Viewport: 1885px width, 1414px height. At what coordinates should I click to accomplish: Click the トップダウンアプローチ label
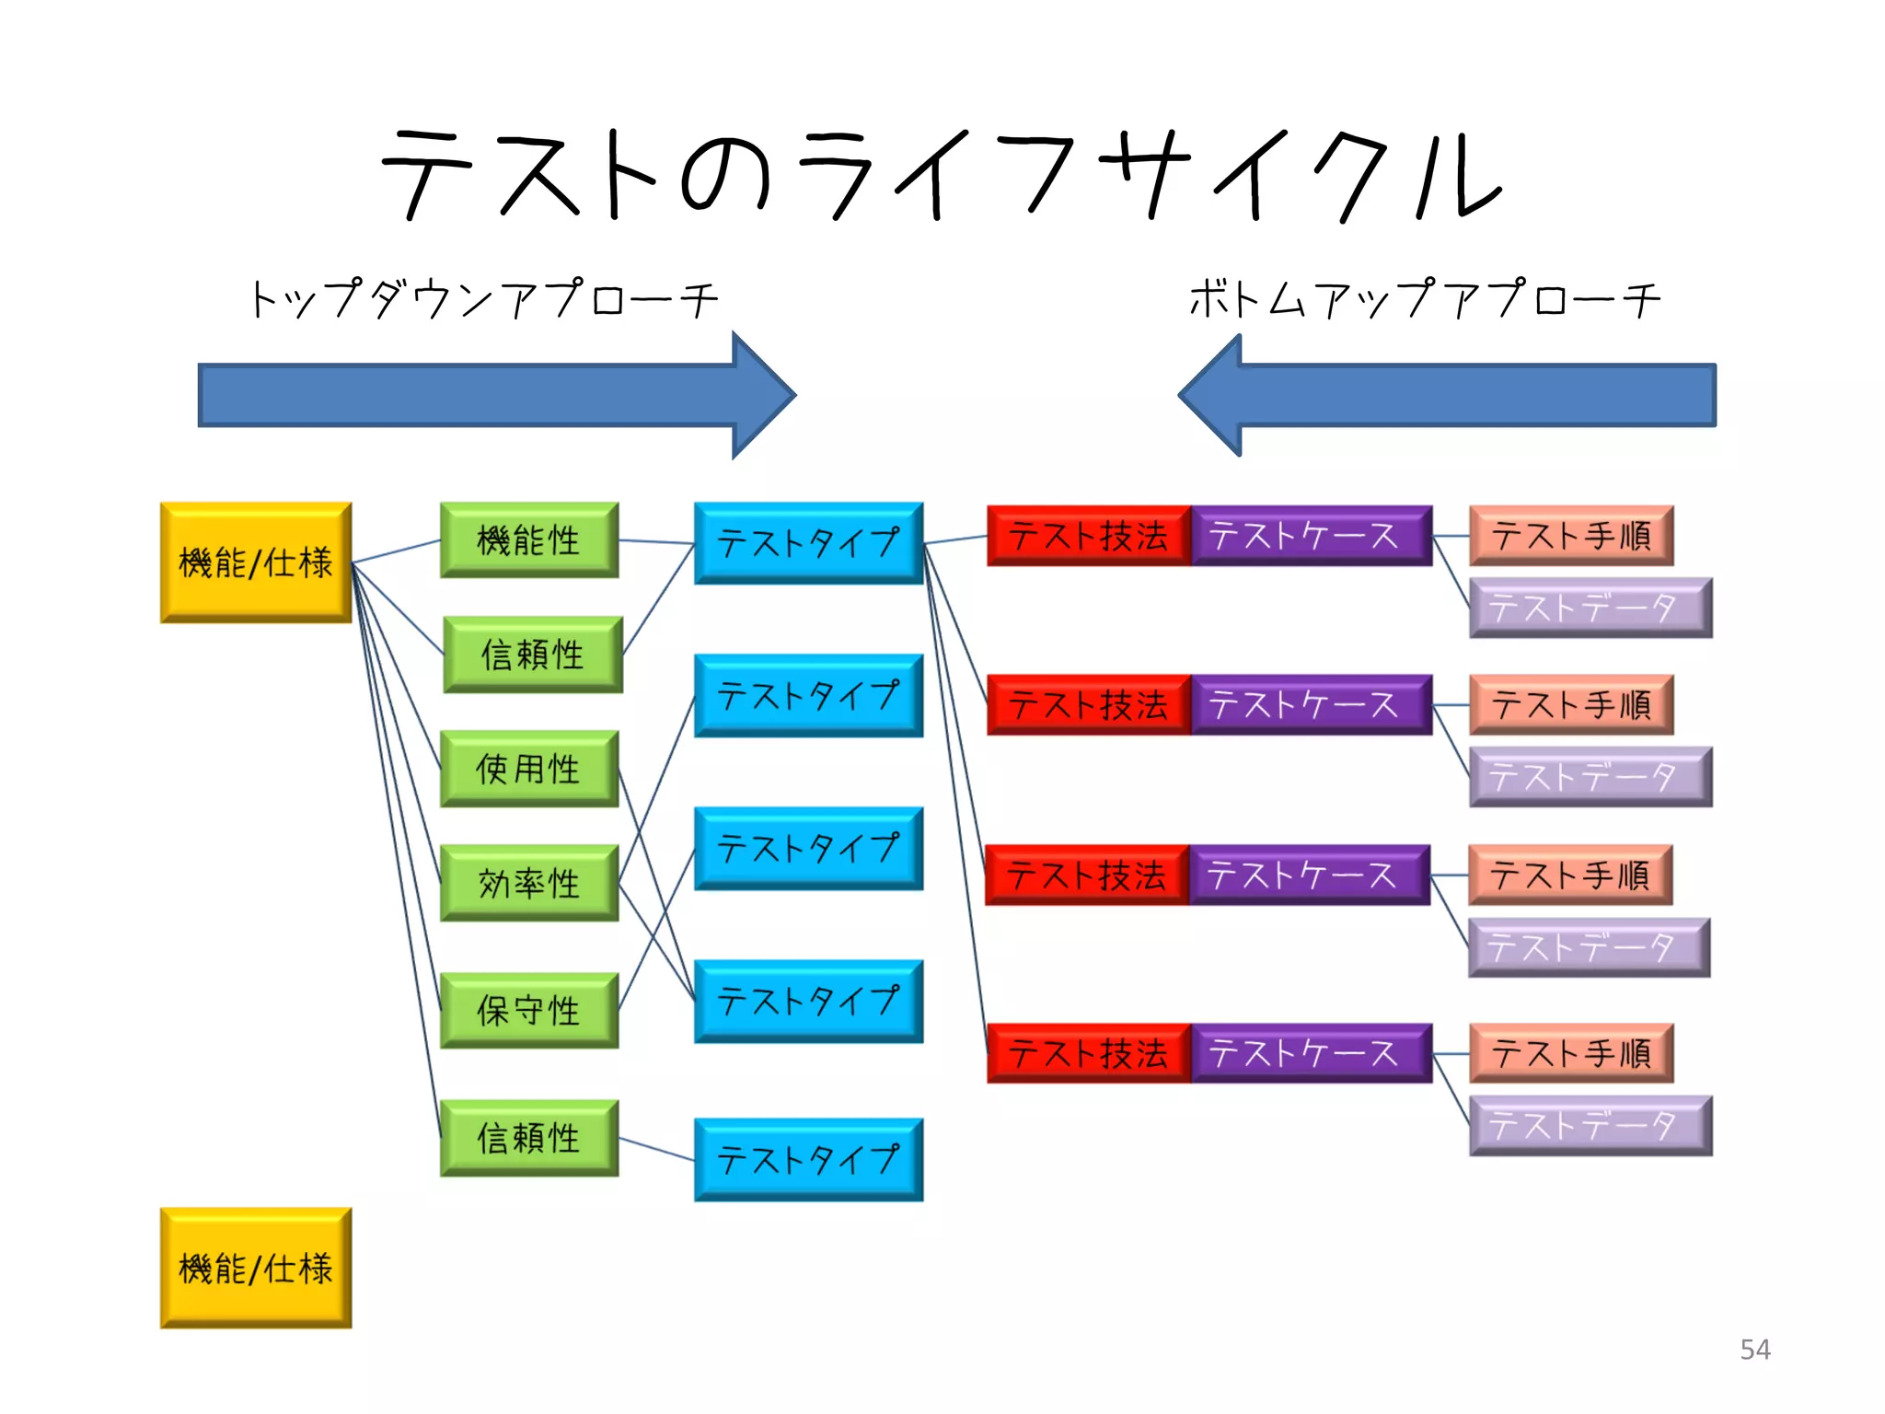pos(482,300)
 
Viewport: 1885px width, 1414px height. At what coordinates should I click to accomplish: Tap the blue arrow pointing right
pos(479,396)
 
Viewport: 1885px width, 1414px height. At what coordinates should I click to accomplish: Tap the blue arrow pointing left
pos(1463,396)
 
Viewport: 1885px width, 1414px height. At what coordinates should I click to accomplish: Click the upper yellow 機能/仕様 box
pos(256,562)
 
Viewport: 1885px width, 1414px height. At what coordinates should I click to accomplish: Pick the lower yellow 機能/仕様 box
pos(256,1268)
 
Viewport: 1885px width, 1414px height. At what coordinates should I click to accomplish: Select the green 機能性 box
pos(529,540)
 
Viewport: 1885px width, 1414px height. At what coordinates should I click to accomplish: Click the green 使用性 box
pos(529,769)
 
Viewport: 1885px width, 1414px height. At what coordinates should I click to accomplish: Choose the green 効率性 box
pos(529,883)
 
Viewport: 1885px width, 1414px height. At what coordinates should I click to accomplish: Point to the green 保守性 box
pos(529,1010)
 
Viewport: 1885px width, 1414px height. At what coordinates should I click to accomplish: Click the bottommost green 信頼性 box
pos(529,1138)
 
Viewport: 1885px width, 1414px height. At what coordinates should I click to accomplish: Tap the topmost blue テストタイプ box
pos(808,543)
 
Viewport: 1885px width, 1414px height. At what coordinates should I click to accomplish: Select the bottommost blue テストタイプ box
pos(808,1159)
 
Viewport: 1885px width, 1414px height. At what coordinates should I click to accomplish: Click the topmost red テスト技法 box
pos(1089,536)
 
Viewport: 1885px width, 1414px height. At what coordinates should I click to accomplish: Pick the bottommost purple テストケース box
pos(1311,1053)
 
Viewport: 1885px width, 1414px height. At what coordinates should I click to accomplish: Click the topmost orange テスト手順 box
pos(1571,536)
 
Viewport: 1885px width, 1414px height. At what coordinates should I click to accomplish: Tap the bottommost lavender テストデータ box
pos(1590,1125)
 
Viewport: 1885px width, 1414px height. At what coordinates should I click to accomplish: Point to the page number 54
pos(1754,1350)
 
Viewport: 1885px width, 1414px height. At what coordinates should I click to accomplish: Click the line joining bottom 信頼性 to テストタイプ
pos(657,1149)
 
